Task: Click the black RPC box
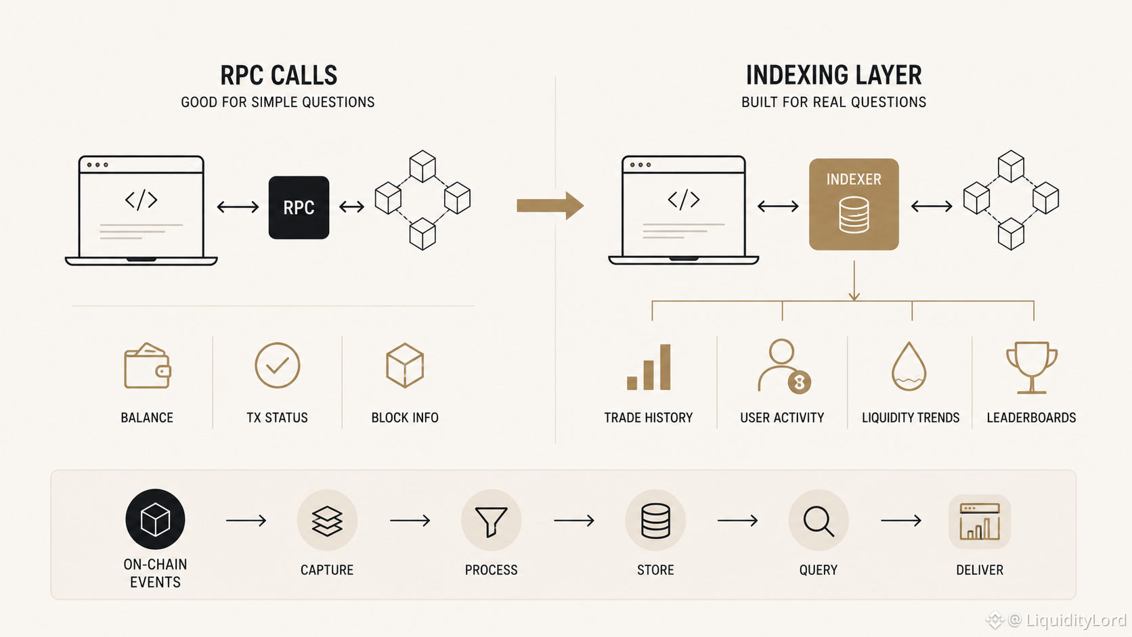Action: tap(299, 207)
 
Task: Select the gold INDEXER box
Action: tap(854, 204)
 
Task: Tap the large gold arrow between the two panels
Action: tap(550, 206)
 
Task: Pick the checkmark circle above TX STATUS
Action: tap(278, 366)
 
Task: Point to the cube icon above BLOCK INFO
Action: tap(405, 366)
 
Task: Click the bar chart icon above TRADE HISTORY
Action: tap(649, 368)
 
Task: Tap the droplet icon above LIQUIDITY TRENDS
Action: tap(909, 367)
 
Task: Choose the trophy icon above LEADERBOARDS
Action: tap(1031, 368)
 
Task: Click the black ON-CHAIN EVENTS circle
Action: tap(155, 519)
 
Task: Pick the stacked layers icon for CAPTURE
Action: tap(327, 521)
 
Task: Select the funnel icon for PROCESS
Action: tap(491, 521)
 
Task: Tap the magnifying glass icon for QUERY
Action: tap(818, 521)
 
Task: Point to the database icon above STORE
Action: tap(655, 521)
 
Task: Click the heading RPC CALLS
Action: tap(278, 76)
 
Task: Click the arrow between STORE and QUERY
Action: tap(737, 521)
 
